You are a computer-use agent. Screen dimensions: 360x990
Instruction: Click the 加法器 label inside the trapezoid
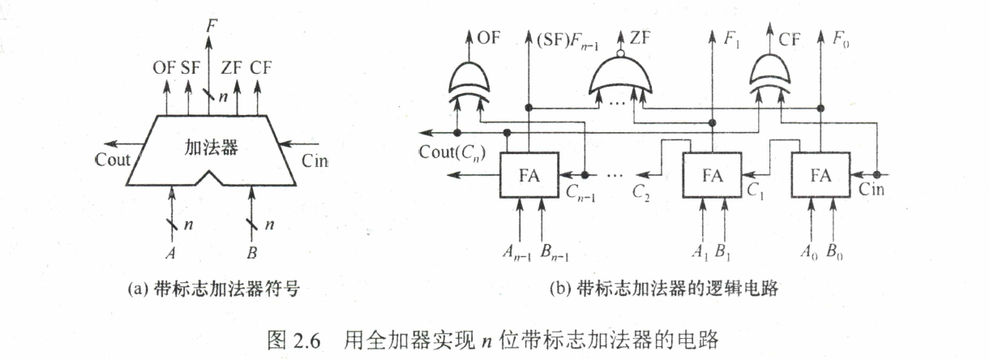pyautogui.click(x=207, y=148)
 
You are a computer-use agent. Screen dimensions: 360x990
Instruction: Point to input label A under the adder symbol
pyautogui.click(x=170, y=252)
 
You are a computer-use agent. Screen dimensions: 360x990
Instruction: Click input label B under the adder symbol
pyautogui.click(x=251, y=252)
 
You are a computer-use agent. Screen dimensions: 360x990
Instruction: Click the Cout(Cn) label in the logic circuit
pyautogui.click(x=452, y=152)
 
